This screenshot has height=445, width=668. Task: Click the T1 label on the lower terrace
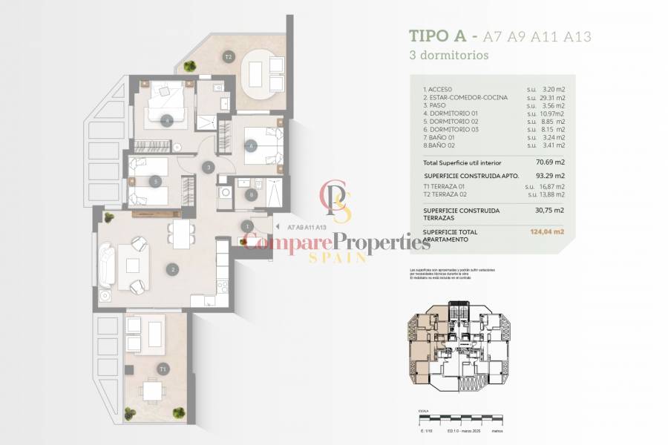[x=163, y=369]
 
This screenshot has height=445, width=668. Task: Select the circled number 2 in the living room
[x=172, y=270]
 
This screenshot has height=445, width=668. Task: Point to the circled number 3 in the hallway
[x=210, y=168]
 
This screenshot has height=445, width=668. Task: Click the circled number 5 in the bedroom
[x=155, y=180]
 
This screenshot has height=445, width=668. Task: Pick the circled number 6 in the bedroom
[x=252, y=146]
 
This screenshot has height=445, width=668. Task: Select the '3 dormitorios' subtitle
[x=448, y=55]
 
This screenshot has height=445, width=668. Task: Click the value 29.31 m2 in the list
[x=551, y=97]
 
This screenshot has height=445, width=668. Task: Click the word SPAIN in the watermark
[x=338, y=257]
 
